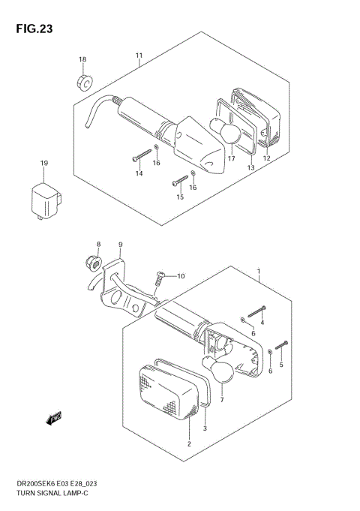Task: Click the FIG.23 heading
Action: tap(34, 29)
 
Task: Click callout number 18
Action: tap(82, 59)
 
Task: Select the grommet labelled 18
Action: tap(85, 83)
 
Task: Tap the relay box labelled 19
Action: tap(46, 201)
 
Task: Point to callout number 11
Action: tap(139, 56)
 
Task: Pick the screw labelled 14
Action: tap(142, 155)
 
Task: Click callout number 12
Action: tap(266, 158)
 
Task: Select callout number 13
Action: tap(250, 167)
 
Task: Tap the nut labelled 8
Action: tap(94, 263)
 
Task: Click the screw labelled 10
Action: tap(159, 278)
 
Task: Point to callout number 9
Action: tap(120, 245)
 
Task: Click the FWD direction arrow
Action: tap(53, 419)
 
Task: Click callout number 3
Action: tap(205, 428)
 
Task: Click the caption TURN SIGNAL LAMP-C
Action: tap(52, 493)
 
